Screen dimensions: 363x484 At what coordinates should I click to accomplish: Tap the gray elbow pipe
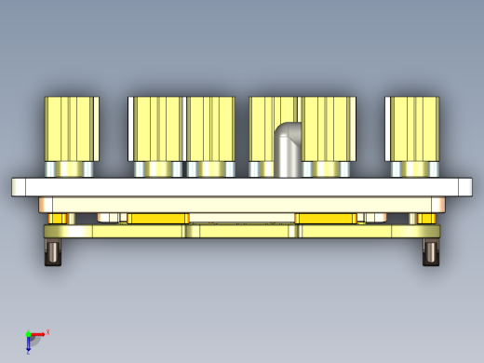pos(289,149)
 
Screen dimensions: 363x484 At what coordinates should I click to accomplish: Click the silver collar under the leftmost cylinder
pos(71,169)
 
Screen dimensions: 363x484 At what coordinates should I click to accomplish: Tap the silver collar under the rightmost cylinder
pos(411,169)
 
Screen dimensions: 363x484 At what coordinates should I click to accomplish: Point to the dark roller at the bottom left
pos(53,252)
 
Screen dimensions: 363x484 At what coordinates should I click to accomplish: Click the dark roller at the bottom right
pos(431,252)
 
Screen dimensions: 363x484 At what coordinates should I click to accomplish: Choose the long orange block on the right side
pos(326,219)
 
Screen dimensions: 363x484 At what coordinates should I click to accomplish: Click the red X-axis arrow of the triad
pos(38,332)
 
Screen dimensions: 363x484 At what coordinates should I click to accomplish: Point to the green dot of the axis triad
pos(28,332)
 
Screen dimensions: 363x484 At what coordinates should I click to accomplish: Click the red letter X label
pos(47,331)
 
